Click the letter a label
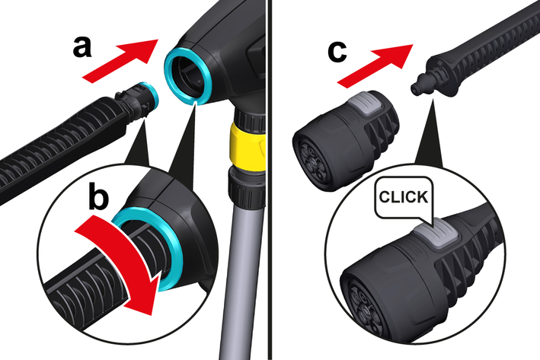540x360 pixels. tap(82, 48)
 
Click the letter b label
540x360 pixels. tap(98, 196)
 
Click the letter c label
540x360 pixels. tap(337, 53)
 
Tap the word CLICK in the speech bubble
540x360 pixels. tap(404, 197)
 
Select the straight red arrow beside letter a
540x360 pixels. tap(120, 61)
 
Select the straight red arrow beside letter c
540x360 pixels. tap(375, 66)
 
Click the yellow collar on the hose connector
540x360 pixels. tap(248, 145)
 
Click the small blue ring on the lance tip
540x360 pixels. tap(151, 94)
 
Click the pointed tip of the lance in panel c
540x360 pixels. tap(414, 90)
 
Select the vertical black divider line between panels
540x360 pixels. tap(270, 180)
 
